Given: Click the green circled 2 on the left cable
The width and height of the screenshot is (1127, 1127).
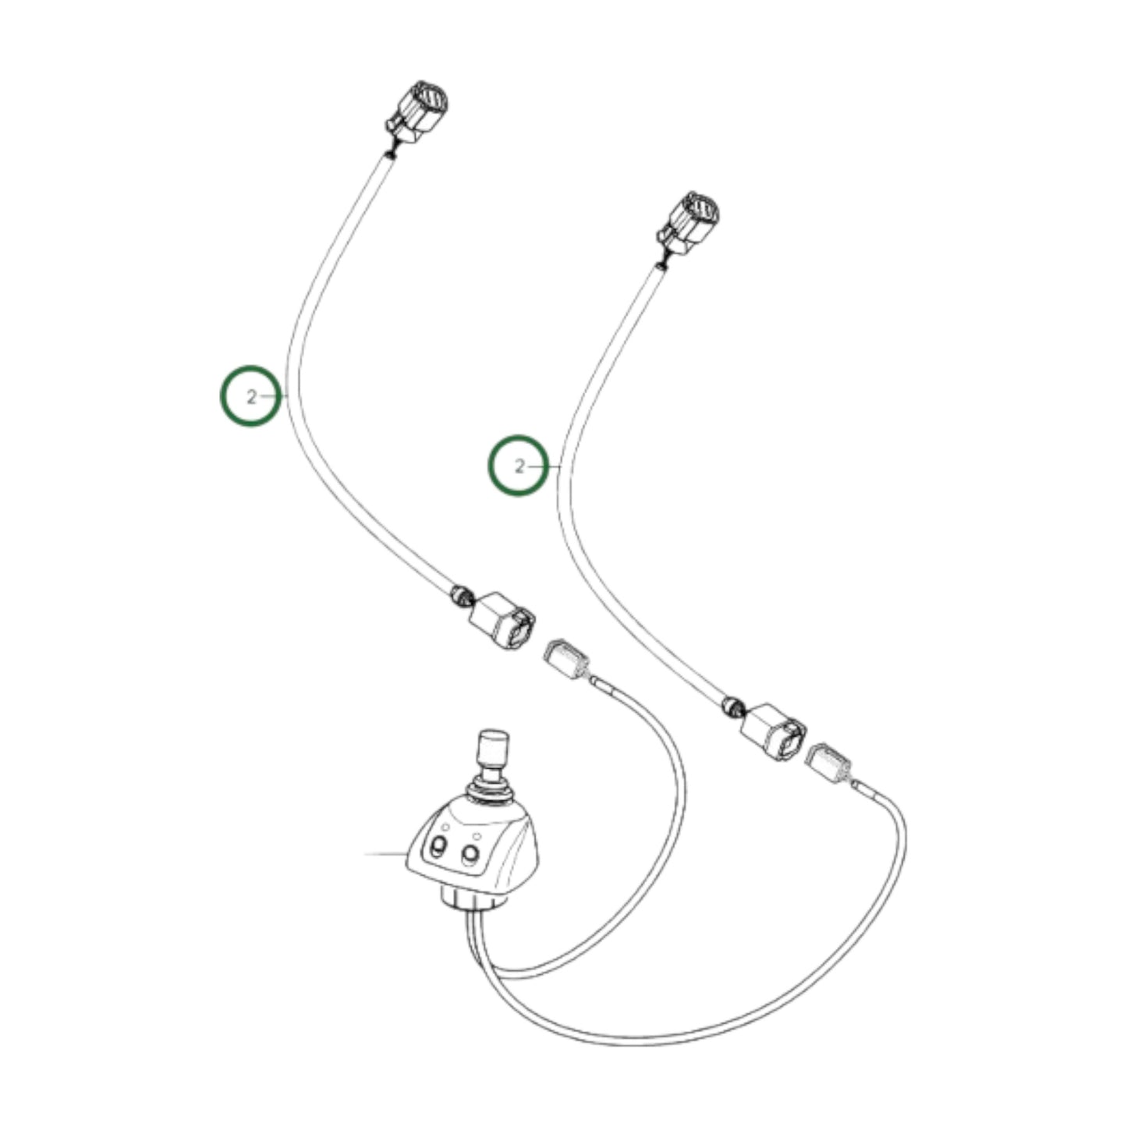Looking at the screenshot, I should click(x=250, y=396).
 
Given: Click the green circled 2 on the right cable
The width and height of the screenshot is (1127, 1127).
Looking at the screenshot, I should click(x=519, y=466).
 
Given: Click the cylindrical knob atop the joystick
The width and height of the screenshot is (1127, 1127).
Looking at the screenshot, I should click(x=491, y=747).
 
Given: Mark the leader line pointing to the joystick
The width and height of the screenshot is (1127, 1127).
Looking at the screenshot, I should click(x=385, y=853).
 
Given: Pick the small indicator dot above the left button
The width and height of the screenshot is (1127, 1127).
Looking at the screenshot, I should click(x=445, y=826).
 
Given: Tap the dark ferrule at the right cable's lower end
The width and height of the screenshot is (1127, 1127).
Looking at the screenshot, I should click(x=731, y=706).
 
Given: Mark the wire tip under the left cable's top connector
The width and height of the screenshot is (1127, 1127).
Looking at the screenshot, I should click(x=392, y=154).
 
